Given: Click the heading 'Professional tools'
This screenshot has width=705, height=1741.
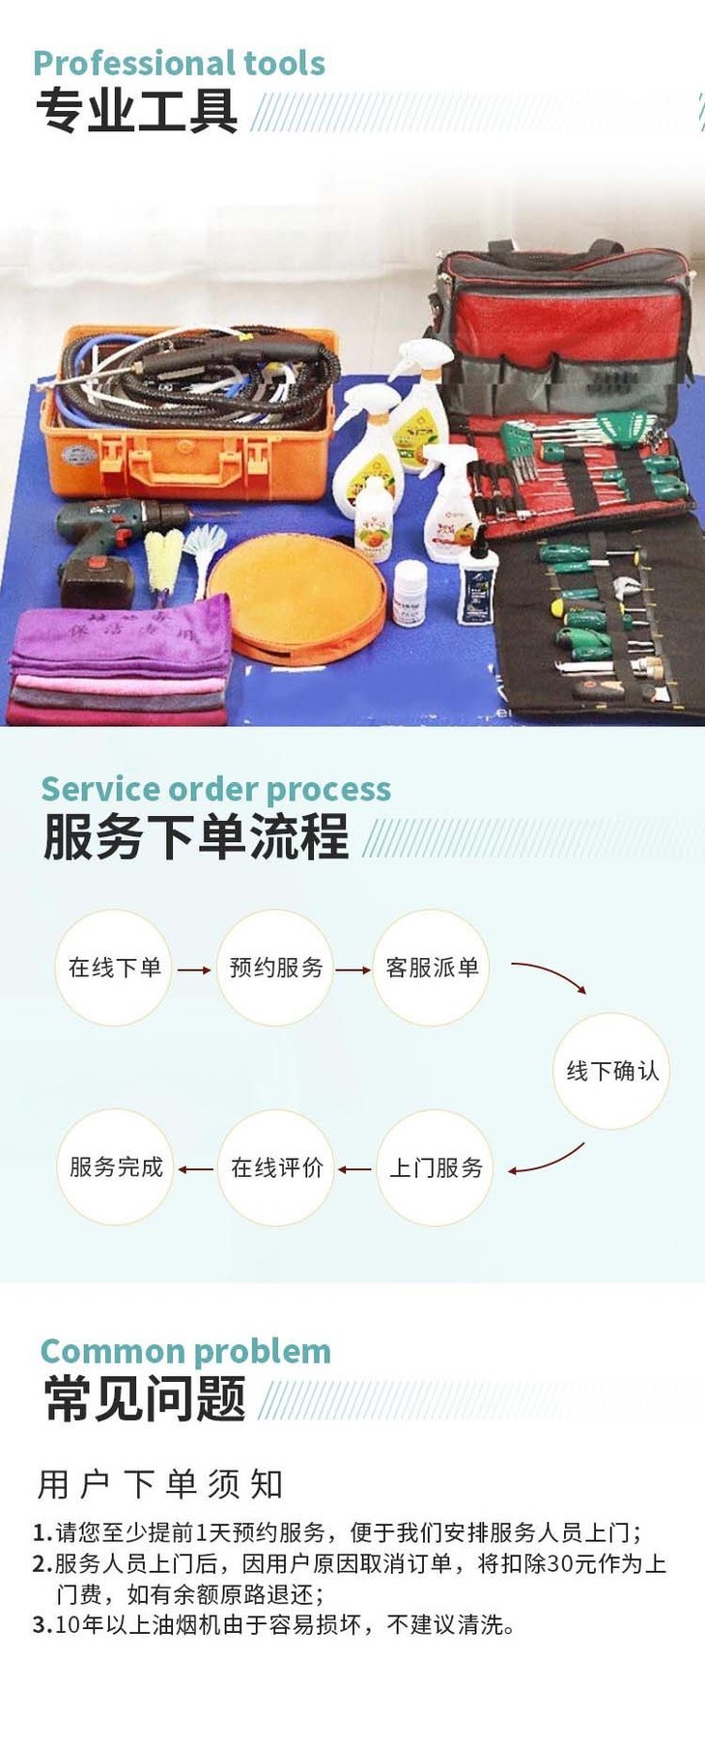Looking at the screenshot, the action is pyautogui.click(x=179, y=64).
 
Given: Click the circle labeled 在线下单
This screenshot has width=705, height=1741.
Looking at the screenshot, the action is pyautogui.click(x=114, y=968).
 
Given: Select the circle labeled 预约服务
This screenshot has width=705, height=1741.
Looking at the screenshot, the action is pyautogui.click(x=275, y=968).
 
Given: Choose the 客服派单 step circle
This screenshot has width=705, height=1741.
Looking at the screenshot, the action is pyautogui.click(x=432, y=968).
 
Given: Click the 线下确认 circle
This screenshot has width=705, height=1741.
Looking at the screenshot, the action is pyautogui.click(x=611, y=1071).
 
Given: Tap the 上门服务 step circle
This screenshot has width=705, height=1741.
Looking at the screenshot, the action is pyautogui.click(x=436, y=1168).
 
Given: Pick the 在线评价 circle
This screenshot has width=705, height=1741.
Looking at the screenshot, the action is pyautogui.click(x=276, y=1168).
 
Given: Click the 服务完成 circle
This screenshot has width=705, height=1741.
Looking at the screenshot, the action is pyautogui.click(x=116, y=1167).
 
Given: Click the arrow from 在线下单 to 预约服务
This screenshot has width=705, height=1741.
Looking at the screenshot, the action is pyautogui.click(x=194, y=969).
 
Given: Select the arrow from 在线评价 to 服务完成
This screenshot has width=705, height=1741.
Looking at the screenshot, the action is pyautogui.click(x=196, y=1169).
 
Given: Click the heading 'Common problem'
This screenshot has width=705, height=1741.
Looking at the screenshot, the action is pyautogui.click(x=185, y=1351).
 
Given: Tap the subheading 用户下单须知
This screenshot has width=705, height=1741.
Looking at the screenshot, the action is pyautogui.click(x=160, y=1484).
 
